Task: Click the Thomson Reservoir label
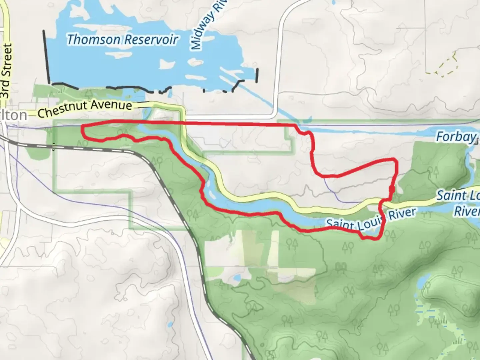[122, 39]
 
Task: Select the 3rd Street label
[6, 71]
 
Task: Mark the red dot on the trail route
[392, 190]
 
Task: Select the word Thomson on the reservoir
[93, 39]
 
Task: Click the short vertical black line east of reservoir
[257, 75]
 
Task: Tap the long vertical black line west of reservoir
[46, 57]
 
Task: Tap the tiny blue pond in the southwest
[170, 325]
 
